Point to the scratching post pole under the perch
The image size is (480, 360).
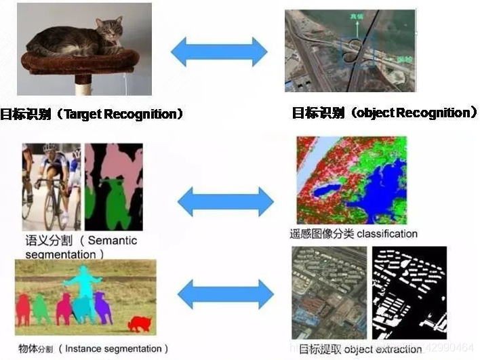[x=83, y=85]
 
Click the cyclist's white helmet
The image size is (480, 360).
[x=50, y=148]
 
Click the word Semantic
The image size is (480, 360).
[x=113, y=241]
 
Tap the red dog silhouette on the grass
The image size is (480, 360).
[x=140, y=323]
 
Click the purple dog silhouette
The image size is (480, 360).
[x=103, y=306]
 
